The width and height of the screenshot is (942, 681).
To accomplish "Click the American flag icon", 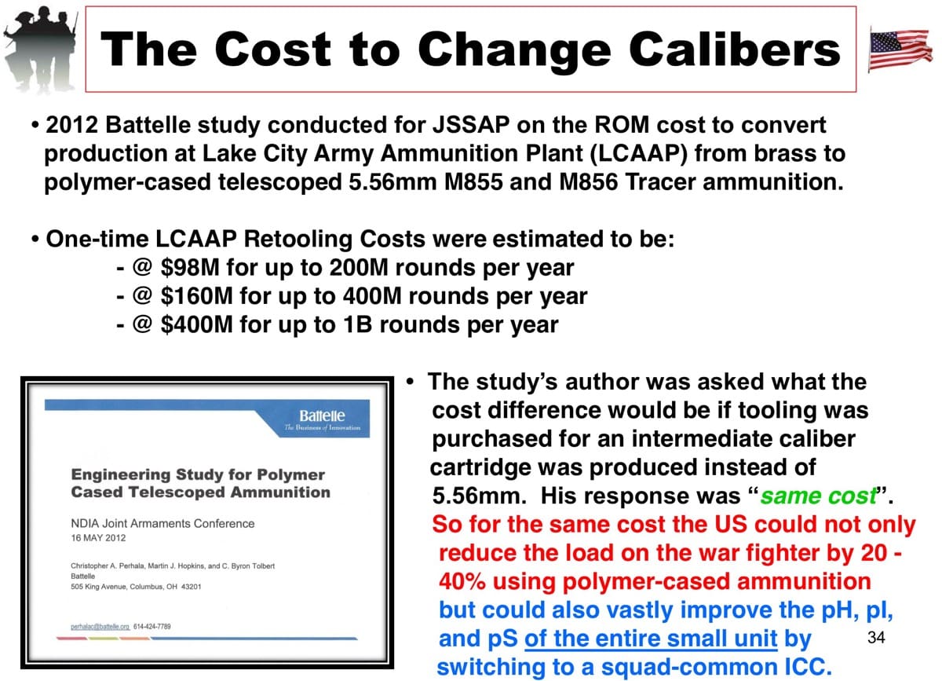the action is click(900, 49).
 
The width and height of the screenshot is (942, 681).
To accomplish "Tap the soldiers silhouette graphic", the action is click(41, 49).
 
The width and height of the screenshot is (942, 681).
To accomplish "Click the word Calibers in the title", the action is click(734, 49).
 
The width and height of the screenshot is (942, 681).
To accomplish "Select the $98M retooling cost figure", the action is click(190, 268).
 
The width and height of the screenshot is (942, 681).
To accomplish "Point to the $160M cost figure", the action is click(197, 296).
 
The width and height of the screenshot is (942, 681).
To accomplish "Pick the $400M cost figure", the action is click(197, 324).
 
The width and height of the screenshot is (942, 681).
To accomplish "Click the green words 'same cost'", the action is click(818, 496).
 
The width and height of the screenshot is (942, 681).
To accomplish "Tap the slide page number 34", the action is click(876, 637).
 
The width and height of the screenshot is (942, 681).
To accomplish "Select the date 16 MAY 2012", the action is click(98, 538).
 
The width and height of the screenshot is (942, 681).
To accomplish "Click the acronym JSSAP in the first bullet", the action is click(471, 125).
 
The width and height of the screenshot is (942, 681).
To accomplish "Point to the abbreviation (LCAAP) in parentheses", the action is click(639, 154).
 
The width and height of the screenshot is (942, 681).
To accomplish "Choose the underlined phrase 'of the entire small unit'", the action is click(651, 639).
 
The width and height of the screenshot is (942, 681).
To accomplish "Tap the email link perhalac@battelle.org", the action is click(100, 627).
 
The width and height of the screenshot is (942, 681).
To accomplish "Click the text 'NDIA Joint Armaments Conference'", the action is click(162, 524).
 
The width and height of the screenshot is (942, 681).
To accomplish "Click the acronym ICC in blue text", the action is click(807, 667).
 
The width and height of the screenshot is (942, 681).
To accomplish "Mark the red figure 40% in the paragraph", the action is click(462, 582).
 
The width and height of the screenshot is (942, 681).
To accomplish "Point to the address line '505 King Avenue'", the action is click(99, 587).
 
